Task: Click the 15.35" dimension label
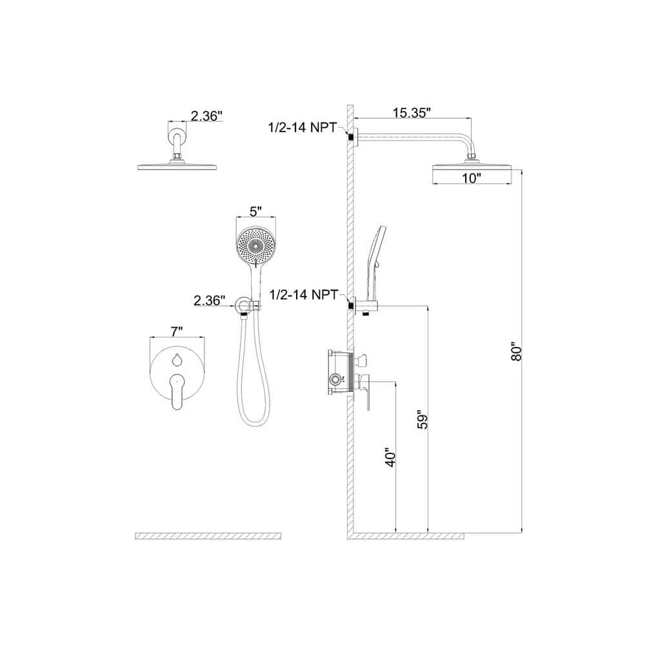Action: coord(412,113)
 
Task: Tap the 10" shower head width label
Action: coord(471,179)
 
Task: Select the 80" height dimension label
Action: coord(516,351)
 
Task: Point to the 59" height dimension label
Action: coord(422,419)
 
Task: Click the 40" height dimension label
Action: coord(390,457)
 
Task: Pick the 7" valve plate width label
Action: coord(177,331)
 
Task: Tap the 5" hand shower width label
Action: coord(255,212)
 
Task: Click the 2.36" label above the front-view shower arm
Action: coord(206,116)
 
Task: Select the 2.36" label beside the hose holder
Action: coord(210,301)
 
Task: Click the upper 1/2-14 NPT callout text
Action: coord(303,127)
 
